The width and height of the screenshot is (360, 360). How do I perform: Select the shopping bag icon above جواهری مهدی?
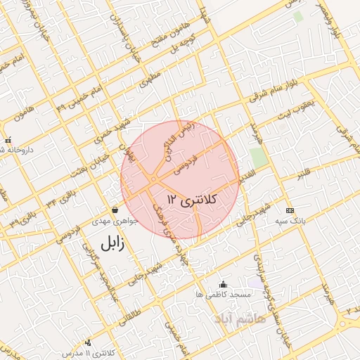[x=115, y=210]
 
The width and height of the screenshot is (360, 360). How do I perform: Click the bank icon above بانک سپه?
[x=289, y=210]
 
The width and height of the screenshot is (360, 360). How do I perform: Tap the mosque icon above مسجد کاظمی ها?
[x=224, y=284]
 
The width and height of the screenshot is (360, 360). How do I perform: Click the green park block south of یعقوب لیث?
[x=259, y=157]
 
